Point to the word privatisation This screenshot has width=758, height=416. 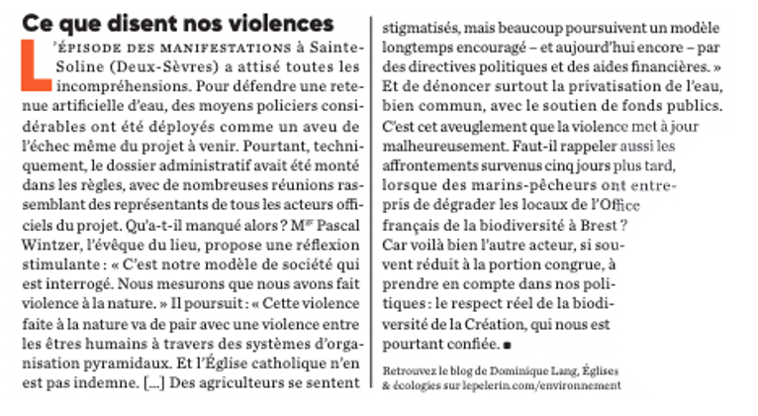(x=580, y=85)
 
